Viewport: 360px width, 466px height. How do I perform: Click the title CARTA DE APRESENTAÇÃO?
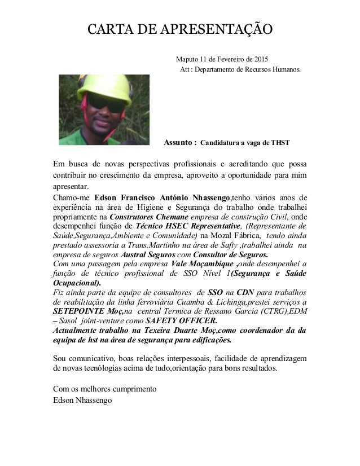point(179,29)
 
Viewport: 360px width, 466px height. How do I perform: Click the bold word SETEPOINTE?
point(79,310)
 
